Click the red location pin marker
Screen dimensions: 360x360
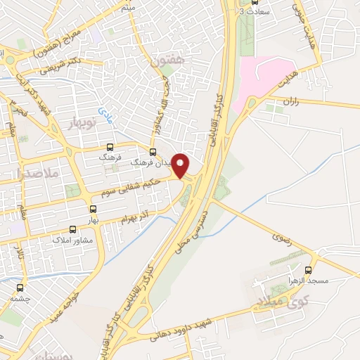pyautogui.click(x=181, y=166)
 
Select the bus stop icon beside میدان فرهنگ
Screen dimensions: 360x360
pyautogui.click(x=153, y=152)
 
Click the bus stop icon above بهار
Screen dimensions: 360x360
pyautogui.click(x=94, y=209)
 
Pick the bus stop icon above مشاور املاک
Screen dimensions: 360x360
pyautogui.click(x=72, y=229)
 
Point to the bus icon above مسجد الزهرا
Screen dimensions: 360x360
pyautogui.click(x=308, y=269)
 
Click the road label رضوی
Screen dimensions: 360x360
pyautogui.click(x=282, y=244)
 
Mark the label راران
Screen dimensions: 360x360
pyautogui.click(x=292, y=103)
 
